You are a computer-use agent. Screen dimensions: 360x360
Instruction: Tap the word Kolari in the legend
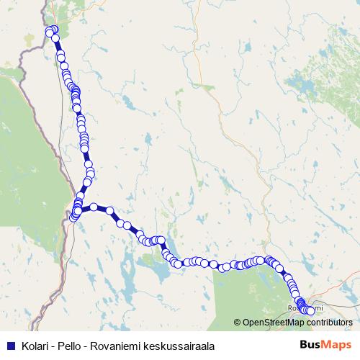pyautogui.click(x=35, y=345)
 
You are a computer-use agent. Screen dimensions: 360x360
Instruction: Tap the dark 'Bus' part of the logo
pyautogui.click(x=311, y=345)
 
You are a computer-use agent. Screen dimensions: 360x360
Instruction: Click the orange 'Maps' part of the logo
pyautogui.click(x=337, y=345)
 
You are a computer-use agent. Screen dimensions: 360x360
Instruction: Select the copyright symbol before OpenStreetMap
pyautogui.click(x=238, y=323)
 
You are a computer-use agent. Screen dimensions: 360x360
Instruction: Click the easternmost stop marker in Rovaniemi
pyautogui.click(x=311, y=311)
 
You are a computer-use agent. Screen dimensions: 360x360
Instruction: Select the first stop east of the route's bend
pyautogui.click(x=93, y=207)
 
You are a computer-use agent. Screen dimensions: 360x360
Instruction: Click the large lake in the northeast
pyautogui.click(x=310, y=86)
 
